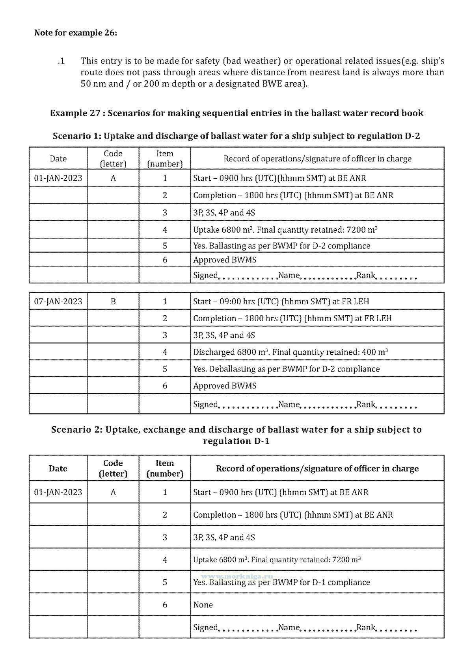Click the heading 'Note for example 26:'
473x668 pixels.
pyautogui.click(x=76, y=33)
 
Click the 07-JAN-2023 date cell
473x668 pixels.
pyautogui.click(x=58, y=302)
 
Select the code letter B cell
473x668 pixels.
pyautogui.click(x=113, y=302)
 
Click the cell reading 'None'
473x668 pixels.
pyautogui.click(x=203, y=605)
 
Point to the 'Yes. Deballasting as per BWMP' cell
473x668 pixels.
pyautogui.click(x=287, y=369)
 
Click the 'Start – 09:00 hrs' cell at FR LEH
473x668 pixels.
pyautogui.click(x=281, y=302)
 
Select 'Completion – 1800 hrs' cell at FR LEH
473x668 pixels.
pyautogui.click(x=292, y=318)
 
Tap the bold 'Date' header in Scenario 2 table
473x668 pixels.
pyautogui.click(x=58, y=468)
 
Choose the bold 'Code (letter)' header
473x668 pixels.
pyautogui.click(x=113, y=468)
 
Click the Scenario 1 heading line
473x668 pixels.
pyautogui.click(x=236, y=136)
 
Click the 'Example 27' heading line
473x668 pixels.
pyautogui.click(x=236, y=113)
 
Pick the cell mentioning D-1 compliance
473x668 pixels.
pyautogui.click(x=281, y=582)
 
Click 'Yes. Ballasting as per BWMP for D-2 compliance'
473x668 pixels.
pyautogui.click(x=282, y=246)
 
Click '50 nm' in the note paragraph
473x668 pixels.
pyautogui.click(x=91, y=84)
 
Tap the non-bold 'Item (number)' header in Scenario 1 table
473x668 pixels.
pyautogui.click(x=165, y=159)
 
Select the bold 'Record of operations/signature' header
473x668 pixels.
pyautogui.click(x=317, y=468)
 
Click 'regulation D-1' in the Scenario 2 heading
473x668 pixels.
pyautogui.click(x=236, y=441)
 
